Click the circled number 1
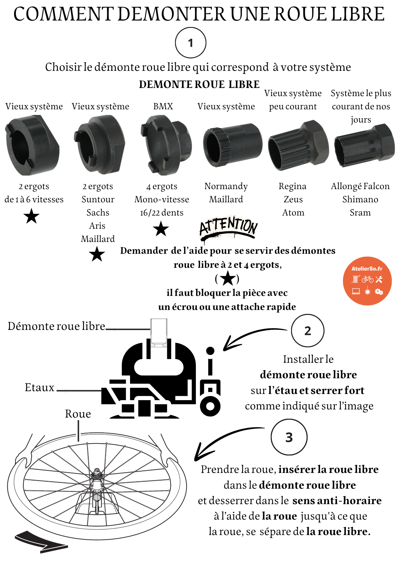(191, 43)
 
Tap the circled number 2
(307, 331)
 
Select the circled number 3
(289, 437)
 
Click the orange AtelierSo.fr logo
(367, 281)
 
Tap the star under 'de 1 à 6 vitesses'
(31, 216)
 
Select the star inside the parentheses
(227, 278)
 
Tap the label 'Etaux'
(39, 387)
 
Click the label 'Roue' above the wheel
(78, 414)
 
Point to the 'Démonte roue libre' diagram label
(56, 326)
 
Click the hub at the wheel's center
(97, 478)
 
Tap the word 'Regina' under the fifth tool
(292, 186)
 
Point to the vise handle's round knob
(210, 351)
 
